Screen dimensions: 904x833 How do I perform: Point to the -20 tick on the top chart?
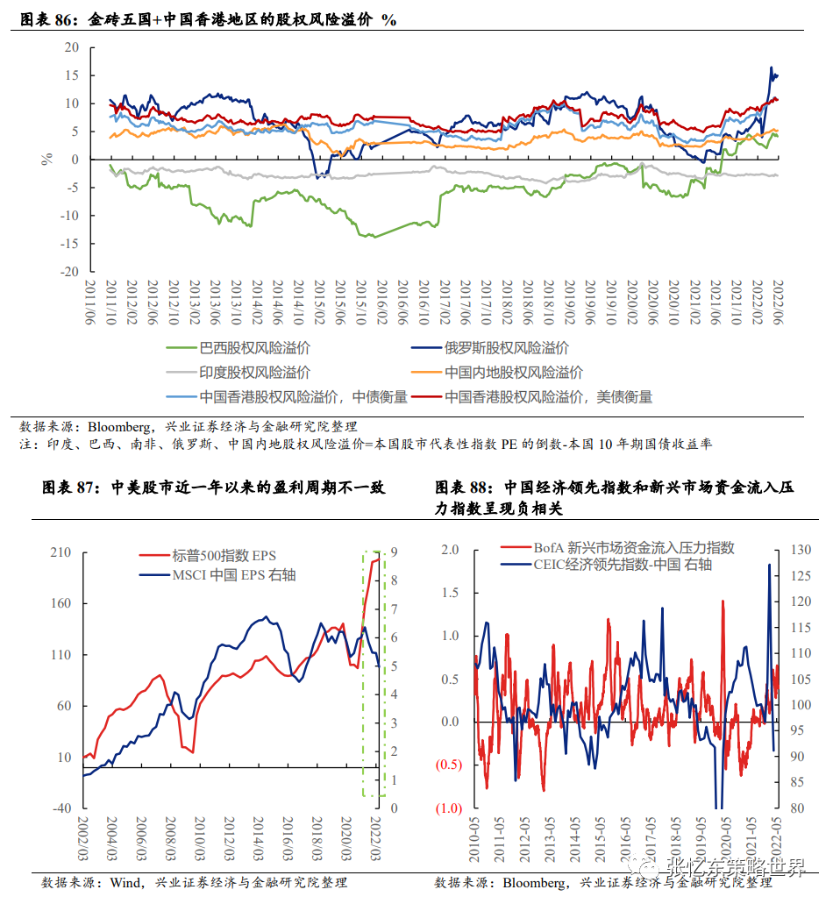[69, 272]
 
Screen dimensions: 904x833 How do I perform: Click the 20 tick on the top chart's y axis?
[72, 47]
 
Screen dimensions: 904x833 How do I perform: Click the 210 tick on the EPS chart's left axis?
[61, 552]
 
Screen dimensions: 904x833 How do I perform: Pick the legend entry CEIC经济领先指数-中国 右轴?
[623, 565]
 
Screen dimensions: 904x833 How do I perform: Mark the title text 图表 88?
[465, 488]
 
